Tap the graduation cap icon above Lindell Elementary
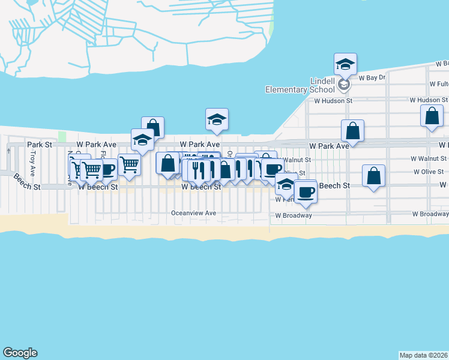pyautogui.click(x=345, y=64)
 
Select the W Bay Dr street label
pyautogui.click(x=372, y=77)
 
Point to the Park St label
pyautogui.click(x=40, y=145)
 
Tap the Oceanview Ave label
pyautogui.click(x=193, y=213)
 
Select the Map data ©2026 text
pyautogui.click(x=424, y=355)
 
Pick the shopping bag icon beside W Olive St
pyautogui.click(x=373, y=176)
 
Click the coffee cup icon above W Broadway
pyautogui.click(x=305, y=191)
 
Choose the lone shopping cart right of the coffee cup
pyautogui.click(x=129, y=164)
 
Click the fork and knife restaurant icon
pyautogui.click(x=199, y=170)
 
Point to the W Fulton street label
pyautogui.click(x=439, y=84)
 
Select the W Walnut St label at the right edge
pyautogui.click(x=428, y=159)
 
